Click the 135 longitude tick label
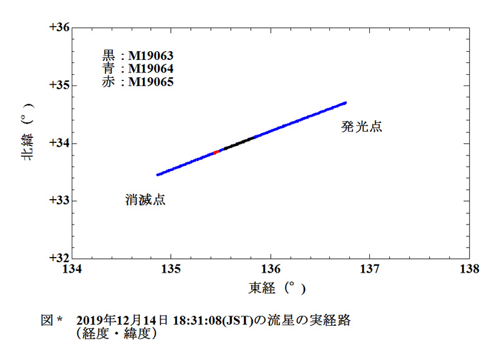tap(171, 269)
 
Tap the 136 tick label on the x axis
tap(271, 269)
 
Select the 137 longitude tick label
tap(370, 269)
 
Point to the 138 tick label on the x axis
tap(469, 269)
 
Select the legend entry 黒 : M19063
tap(137, 56)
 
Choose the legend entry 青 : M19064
tap(137, 69)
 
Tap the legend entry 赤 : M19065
tap(137, 82)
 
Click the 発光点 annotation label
tap(361, 127)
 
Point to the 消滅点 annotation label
tap(145, 200)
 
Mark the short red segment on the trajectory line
tap(216, 152)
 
